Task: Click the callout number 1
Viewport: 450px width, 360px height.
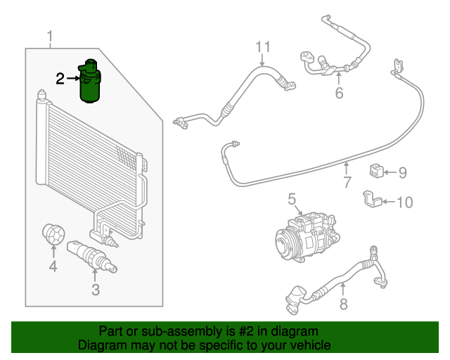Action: click(50, 36)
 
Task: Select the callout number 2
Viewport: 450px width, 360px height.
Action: click(60, 78)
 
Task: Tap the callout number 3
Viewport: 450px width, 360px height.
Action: click(96, 289)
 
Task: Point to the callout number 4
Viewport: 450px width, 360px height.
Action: click(52, 266)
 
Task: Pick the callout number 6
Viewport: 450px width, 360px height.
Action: click(339, 92)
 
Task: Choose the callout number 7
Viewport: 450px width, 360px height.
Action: click(347, 184)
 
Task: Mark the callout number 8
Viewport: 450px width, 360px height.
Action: click(343, 304)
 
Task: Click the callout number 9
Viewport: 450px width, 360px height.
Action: click(402, 172)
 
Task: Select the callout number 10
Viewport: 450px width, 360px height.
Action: click(405, 202)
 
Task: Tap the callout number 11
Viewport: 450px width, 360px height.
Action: click(262, 48)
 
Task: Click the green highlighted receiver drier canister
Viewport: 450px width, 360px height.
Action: click(91, 82)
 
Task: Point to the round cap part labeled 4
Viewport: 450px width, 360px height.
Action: click(53, 235)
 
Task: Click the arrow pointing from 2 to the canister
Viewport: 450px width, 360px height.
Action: click(75, 79)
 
